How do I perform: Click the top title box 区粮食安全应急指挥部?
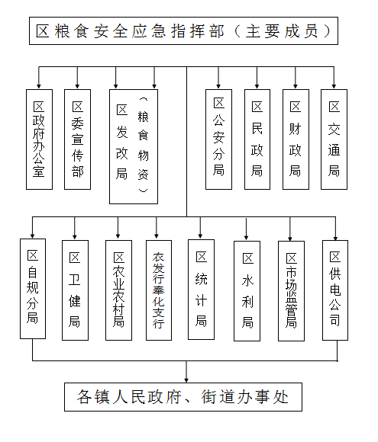pos(183,30)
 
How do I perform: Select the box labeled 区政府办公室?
pos(39,139)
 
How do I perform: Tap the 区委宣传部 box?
pos(77,139)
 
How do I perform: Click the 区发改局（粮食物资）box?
pos(134,146)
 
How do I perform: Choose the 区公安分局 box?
pos(218,139)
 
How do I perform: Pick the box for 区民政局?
pos(257,139)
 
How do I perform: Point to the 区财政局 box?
pos(296,139)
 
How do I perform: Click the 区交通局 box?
pos(334,139)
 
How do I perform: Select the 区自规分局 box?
pos(33,289)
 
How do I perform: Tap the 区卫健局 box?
pos(75,290)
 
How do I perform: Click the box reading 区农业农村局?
pos(118,290)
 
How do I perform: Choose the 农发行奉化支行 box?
pos(159,290)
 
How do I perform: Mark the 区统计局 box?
pos(201,290)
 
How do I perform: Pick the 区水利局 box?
pos(247,291)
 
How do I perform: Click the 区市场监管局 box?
pos(291,291)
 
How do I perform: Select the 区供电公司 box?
pos(335,290)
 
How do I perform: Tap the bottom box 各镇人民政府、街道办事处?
pos(183,397)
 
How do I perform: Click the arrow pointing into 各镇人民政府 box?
pos(186,372)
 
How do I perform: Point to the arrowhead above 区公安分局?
pos(218,86)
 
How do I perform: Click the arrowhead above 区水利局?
pos(247,237)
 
